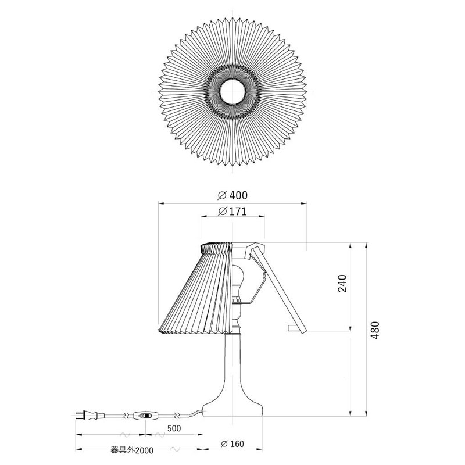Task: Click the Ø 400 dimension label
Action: [233, 195]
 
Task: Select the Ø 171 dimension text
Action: [233, 212]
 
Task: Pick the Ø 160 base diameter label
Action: [233, 444]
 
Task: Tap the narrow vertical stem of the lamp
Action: [233, 360]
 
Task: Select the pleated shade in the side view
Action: [192, 291]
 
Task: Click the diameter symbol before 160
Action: [224, 444]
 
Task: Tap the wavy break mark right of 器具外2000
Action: [177, 449]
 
